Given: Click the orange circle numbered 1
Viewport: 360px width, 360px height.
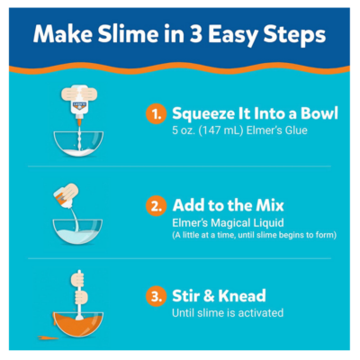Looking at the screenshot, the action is (x=156, y=114).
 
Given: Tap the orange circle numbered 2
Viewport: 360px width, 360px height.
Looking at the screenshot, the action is (x=156, y=206).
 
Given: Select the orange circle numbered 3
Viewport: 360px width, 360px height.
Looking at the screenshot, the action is (x=156, y=296).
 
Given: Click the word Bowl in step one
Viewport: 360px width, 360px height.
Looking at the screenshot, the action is (x=319, y=113).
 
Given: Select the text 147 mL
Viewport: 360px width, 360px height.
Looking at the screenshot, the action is (x=220, y=130).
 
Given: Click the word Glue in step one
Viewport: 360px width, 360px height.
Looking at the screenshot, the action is (x=296, y=130).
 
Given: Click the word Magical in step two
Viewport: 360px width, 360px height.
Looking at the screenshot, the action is (x=230, y=223).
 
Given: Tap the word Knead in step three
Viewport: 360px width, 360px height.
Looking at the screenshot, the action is (x=242, y=295).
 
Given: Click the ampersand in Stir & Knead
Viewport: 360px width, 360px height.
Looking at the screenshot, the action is (x=209, y=296).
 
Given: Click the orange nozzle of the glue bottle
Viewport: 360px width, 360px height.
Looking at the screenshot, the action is (x=79, y=122).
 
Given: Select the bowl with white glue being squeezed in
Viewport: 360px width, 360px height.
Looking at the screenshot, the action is (x=78, y=144).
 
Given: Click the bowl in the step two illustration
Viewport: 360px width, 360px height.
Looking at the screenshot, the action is (x=77, y=231).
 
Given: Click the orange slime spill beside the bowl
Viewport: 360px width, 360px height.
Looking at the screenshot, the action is (x=48, y=337).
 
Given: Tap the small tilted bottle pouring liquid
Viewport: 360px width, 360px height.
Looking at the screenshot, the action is (x=66, y=195).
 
